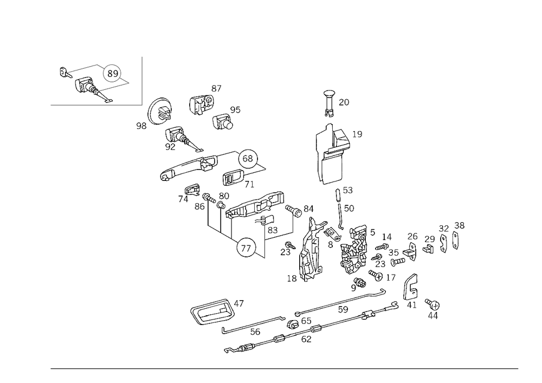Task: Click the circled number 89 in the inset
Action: click(113, 73)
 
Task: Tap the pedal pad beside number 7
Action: click(212, 311)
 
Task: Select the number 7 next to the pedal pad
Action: click(241, 302)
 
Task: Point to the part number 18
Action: click(291, 278)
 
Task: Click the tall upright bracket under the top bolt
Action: click(330, 154)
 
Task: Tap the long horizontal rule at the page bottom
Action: click(285, 370)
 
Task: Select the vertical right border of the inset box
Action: click(142, 79)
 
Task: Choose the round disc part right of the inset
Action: click(159, 112)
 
